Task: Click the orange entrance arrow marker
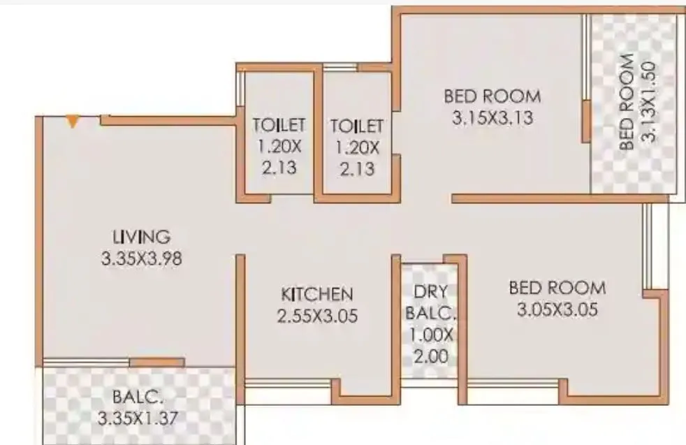[x=73, y=122]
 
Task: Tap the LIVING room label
[x=141, y=236]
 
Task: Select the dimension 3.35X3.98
[x=141, y=258]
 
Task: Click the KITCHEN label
[x=317, y=293]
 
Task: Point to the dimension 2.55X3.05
[x=317, y=316]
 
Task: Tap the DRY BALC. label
[x=429, y=302]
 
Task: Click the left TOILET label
[x=279, y=126]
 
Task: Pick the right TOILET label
[x=356, y=126]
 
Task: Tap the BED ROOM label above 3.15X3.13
[x=492, y=96]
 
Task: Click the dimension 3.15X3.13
[x=492, y=118]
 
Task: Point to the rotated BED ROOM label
[x=627, y=102]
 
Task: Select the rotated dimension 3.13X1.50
[x=648, y=102]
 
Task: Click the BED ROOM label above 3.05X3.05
[x=557, y=287]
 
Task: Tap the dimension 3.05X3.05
[x=557, y=309]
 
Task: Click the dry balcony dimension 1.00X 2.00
[x=429, y=346]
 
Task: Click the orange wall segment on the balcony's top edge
[x=156, y=362]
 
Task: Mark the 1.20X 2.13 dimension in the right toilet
[x=356, y=158]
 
